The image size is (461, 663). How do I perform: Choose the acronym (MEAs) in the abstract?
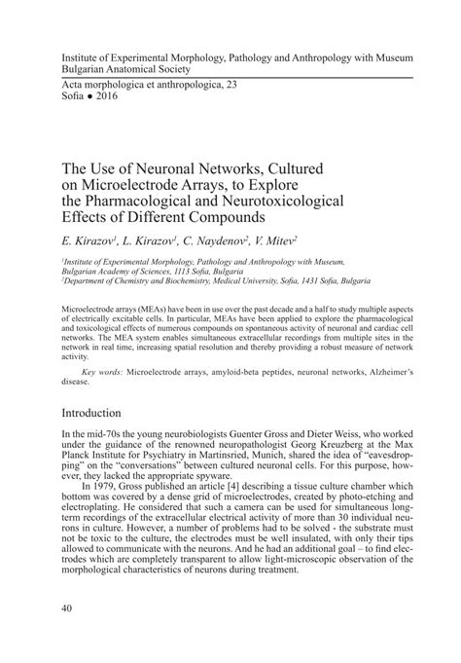149,307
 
